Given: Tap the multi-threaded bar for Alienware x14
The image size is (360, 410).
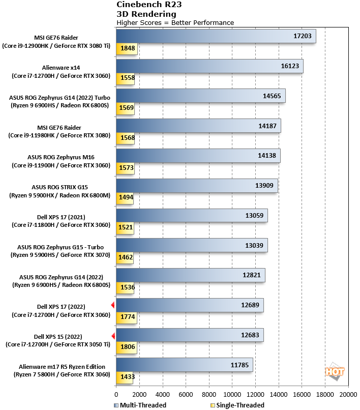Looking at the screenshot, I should pos(209,66).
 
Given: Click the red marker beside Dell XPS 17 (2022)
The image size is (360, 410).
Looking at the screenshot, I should pos(113,305).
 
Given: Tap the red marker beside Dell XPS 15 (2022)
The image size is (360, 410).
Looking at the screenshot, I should pos(113,336).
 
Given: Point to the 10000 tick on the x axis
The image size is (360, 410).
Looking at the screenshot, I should pos(232,394).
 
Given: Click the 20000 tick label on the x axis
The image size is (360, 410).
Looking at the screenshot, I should pos(348,394).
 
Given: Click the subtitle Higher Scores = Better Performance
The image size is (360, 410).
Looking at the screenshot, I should pos(175,23).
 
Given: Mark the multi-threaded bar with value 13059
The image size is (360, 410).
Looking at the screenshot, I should pos(192,216).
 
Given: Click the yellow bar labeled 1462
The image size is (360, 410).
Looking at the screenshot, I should pos(125,258).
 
